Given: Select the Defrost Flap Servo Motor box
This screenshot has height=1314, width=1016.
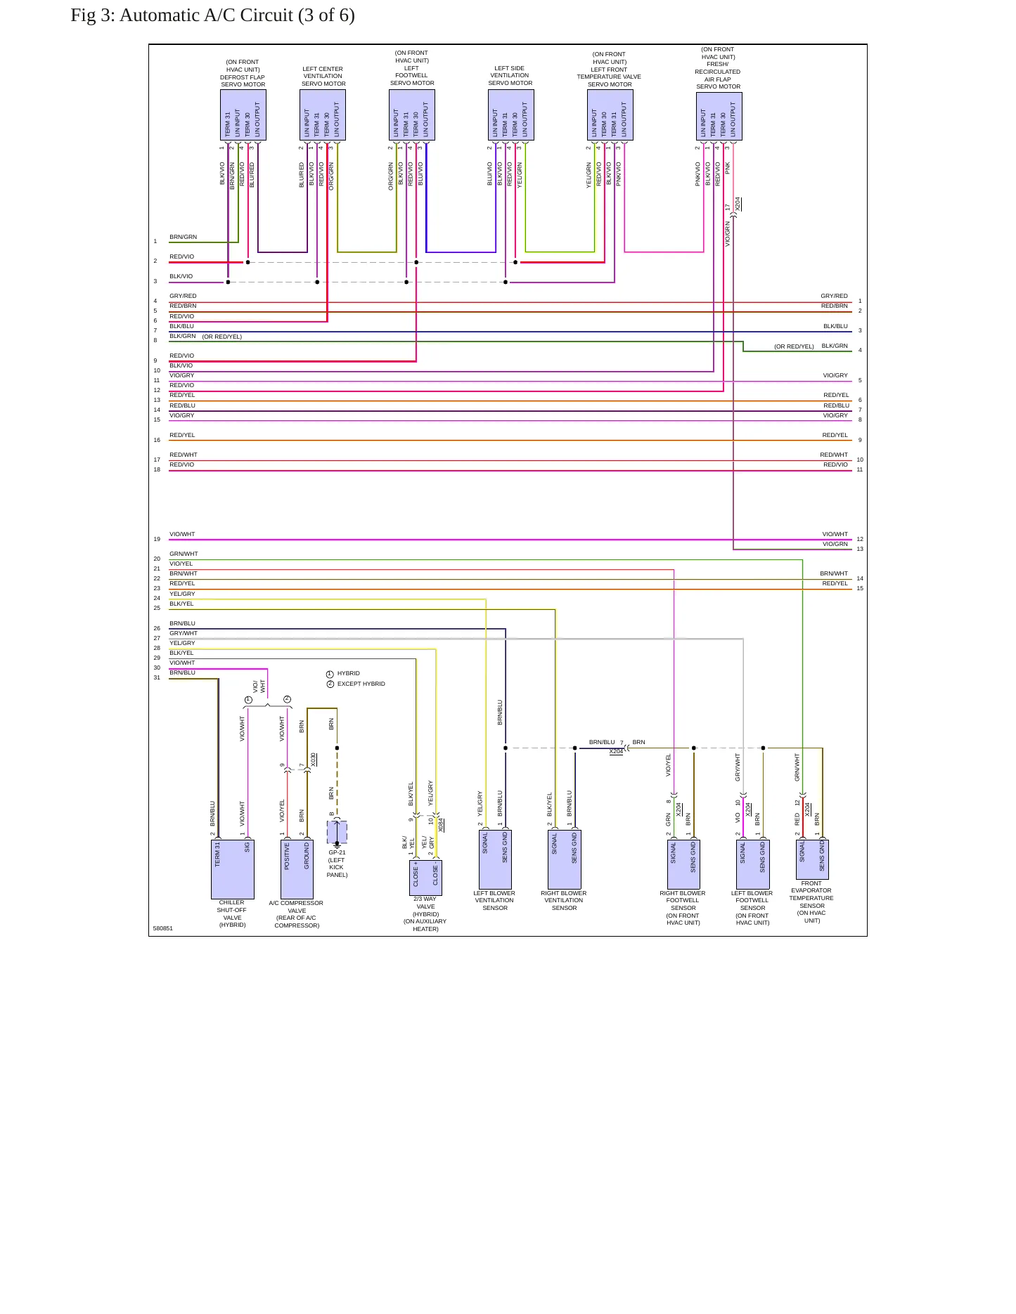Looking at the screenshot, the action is pos(243,115).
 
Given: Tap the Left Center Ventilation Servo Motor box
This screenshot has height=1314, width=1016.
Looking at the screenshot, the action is pos(323,115).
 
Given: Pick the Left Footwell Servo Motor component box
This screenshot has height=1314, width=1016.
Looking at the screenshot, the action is pos(412,115).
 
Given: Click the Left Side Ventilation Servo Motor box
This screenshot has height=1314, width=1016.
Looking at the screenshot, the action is pos(511,115).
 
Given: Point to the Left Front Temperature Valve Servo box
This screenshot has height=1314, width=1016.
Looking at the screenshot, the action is pos(610,115).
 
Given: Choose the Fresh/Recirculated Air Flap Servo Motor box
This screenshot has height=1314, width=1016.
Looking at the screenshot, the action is pos(719,116).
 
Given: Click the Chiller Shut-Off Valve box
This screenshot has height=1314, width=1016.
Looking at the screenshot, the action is pos(233,869).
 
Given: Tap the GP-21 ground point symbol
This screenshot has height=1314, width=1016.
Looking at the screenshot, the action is pos(337,833).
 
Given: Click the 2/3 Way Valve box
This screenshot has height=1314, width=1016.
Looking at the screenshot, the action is pos(426,878).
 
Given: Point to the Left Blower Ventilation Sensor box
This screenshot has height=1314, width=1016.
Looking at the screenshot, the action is pos(495,859).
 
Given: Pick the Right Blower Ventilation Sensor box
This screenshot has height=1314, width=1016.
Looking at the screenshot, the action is pos(565,859).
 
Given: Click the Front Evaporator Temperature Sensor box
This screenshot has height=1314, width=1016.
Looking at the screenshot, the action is pos(812,859).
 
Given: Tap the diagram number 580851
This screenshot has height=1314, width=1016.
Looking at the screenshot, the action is pos(163,928).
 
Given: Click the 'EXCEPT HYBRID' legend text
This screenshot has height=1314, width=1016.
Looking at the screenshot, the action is pos(361,684).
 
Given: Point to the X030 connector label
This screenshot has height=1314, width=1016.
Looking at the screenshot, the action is pos(314,760).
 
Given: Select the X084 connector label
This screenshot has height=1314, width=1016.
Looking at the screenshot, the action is pos(441,825).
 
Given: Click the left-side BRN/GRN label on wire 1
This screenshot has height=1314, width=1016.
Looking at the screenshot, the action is pos(184,237).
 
